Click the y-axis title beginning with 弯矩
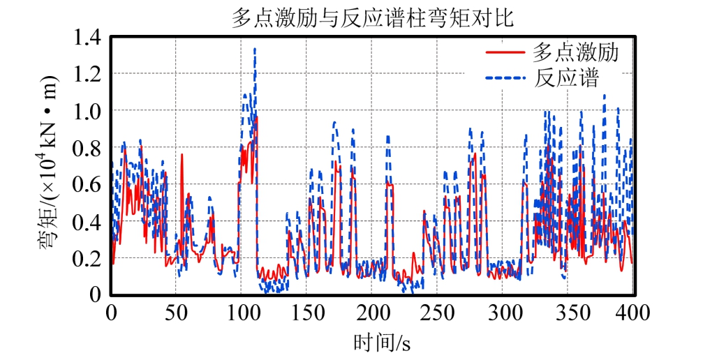coord(50,165)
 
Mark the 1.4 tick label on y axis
coord(88,37)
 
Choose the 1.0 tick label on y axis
coord(88,111)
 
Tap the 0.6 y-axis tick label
coord(88,185)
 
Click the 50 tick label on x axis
coord(176,312)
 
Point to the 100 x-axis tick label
coord(241,312)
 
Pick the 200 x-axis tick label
coord(371,312)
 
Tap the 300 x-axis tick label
coord(502,312)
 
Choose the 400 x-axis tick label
coord(632,312)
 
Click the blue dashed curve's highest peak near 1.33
coord(255,49)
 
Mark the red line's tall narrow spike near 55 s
coord(182,155)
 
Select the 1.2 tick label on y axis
coord(88,74)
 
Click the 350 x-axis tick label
coord(568,312)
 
